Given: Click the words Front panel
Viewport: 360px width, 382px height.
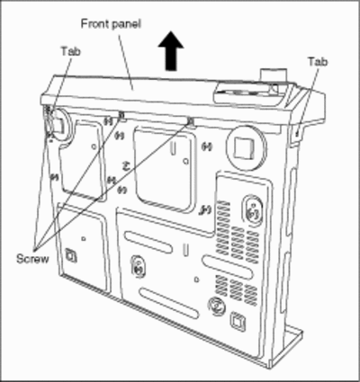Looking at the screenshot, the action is coord(111,24).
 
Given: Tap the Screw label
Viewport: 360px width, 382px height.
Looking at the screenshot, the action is coord(32,259).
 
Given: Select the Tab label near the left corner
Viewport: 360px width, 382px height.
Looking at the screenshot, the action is coord(71,51).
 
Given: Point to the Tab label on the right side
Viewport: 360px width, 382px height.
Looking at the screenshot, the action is coord(318,62).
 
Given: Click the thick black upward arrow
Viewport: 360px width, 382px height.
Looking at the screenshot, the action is coord(171,50).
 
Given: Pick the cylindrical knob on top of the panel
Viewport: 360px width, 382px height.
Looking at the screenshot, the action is coord(273,75).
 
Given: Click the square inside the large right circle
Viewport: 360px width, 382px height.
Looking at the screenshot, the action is coord(244,147).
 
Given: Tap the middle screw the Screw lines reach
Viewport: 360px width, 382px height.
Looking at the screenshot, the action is coord(121,114).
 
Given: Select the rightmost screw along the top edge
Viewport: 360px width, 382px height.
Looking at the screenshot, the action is coord(190,121).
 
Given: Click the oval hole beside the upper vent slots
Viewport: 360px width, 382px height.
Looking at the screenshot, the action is coord(253,210).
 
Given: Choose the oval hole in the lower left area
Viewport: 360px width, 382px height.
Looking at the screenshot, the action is coord(139,267).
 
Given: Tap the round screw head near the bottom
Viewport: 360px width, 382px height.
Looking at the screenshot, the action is coord(217,306).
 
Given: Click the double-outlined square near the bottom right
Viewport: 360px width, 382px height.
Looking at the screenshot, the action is coord(238,322).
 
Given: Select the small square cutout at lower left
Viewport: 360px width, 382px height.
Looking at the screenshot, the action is coord(71,255).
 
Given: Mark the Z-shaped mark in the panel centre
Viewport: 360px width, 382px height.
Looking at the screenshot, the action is coord(126,166).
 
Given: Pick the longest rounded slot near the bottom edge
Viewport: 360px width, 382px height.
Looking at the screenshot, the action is coord(169,303).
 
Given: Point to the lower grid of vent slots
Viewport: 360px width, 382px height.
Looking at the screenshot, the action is coord(237,289).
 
